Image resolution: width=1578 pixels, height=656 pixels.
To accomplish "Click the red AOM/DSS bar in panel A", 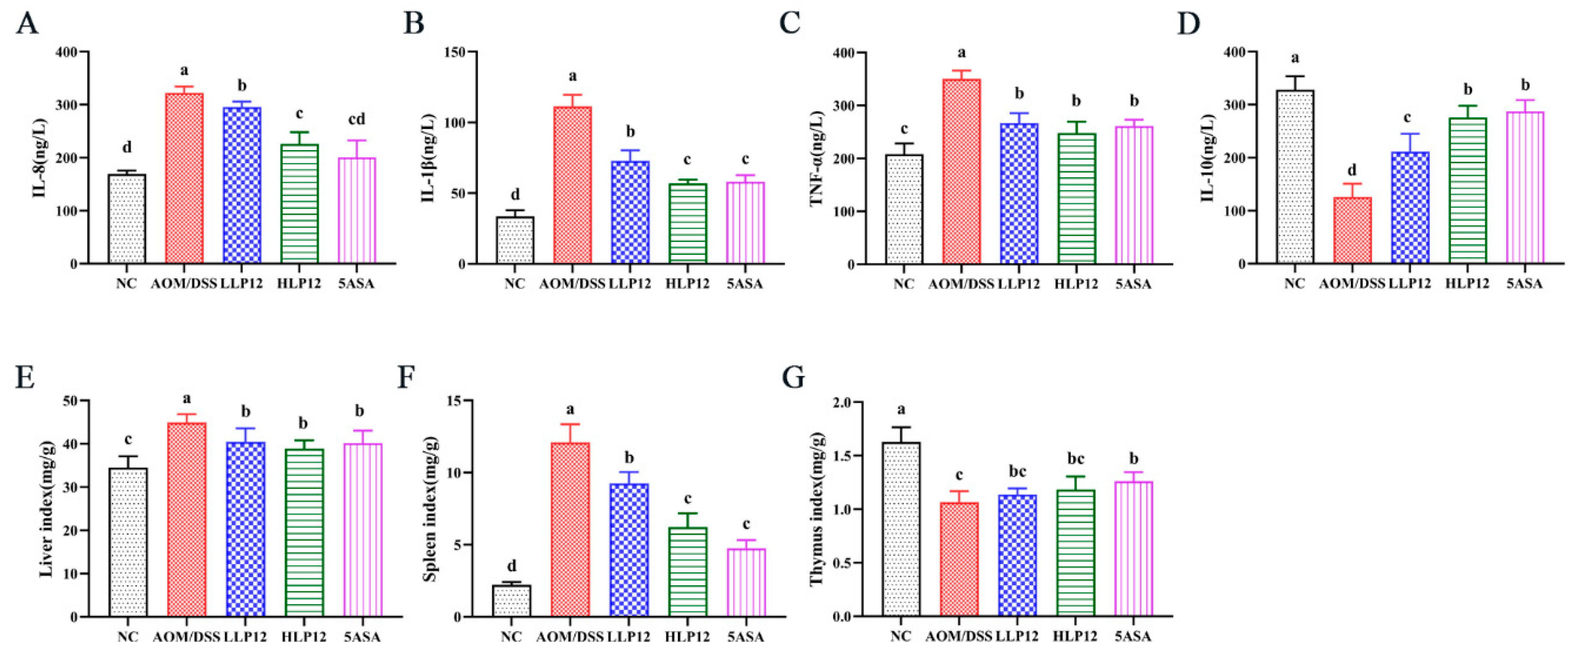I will pyautogui.click(x=184, y=178).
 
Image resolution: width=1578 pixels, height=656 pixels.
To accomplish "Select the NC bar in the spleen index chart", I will pyautogui.click(x=511, y=600).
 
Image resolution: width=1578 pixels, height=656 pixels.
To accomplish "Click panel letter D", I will pyautogui.click(x=1188, y=23).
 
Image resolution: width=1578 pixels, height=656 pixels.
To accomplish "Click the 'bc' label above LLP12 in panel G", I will pyautogui.click(x=1017, y=471).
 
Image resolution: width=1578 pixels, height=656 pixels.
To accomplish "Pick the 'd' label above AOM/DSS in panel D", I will pyautogui.click(x=1352, y=170).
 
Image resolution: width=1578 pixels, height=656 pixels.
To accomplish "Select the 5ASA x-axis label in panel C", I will pyautogui.click(x=1133, y=284).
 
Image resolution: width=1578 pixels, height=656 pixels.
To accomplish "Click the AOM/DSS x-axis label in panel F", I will pyautogui.click(x=570, y=637).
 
